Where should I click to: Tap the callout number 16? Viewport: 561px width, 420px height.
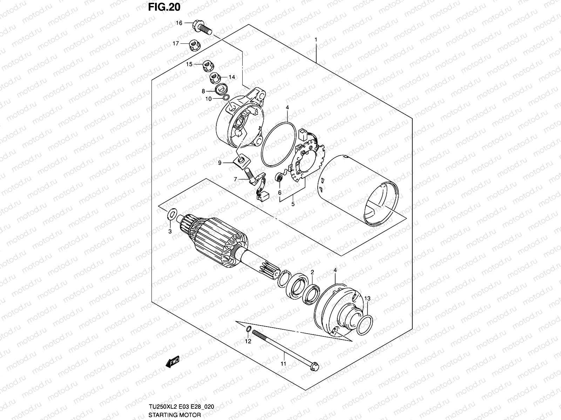pyautogui.click(x=179, y=23)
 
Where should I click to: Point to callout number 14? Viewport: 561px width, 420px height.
pyautogui.click(x=232, y=77)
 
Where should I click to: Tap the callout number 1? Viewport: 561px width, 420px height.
pyautogui.click(x=316, y=40)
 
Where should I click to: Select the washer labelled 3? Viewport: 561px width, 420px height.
pyautogui.click(x=172, y=214)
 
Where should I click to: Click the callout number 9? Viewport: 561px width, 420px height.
pyautogui.click(x=219, y=162)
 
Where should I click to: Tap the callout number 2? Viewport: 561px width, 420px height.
pyautogui.click(x=312, y=272)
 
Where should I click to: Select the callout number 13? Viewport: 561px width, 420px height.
pyautogui.click(x=367, y=299)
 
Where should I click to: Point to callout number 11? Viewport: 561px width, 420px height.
pyautogui.click(x=283, y=364)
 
